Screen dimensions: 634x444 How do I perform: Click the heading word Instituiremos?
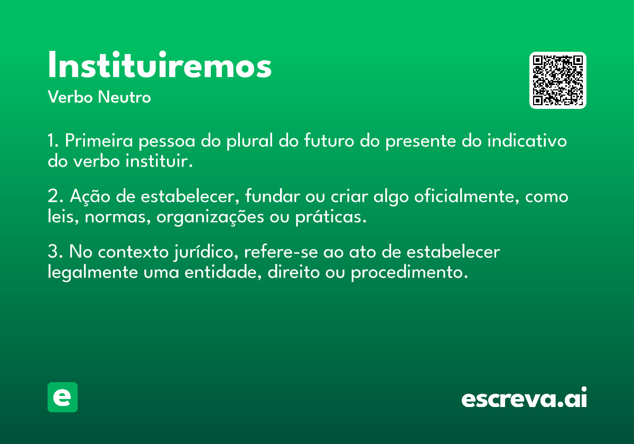click(x=160, y=64)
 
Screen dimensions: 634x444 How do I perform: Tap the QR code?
click(x=557, y=80)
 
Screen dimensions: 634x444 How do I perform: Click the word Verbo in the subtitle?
click(x=70, y=97)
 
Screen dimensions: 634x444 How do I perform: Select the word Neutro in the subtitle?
click(x=124, y=97)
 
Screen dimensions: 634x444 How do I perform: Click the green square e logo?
click(x=62, y=397)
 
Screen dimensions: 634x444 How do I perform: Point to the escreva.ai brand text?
click(x=524, y=397)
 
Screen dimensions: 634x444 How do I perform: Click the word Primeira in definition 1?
click(x=99, y=141)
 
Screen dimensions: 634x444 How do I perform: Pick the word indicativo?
click(x=527, y=140)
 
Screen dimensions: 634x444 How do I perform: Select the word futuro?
click(x=329, y=140)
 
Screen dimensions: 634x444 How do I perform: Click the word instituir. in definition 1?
click(x=159, y=161)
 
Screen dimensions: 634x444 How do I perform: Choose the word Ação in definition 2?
click(x=90, y=196)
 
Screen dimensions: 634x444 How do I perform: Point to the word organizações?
click(x=210, y=217)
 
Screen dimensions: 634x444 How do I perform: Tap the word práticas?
click(x=331, y=217)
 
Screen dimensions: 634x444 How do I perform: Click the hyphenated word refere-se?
click(x=281, y=252)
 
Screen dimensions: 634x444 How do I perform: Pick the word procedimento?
click(x=409, y=272)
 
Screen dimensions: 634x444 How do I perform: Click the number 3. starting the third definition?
click(x=55, y=252)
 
